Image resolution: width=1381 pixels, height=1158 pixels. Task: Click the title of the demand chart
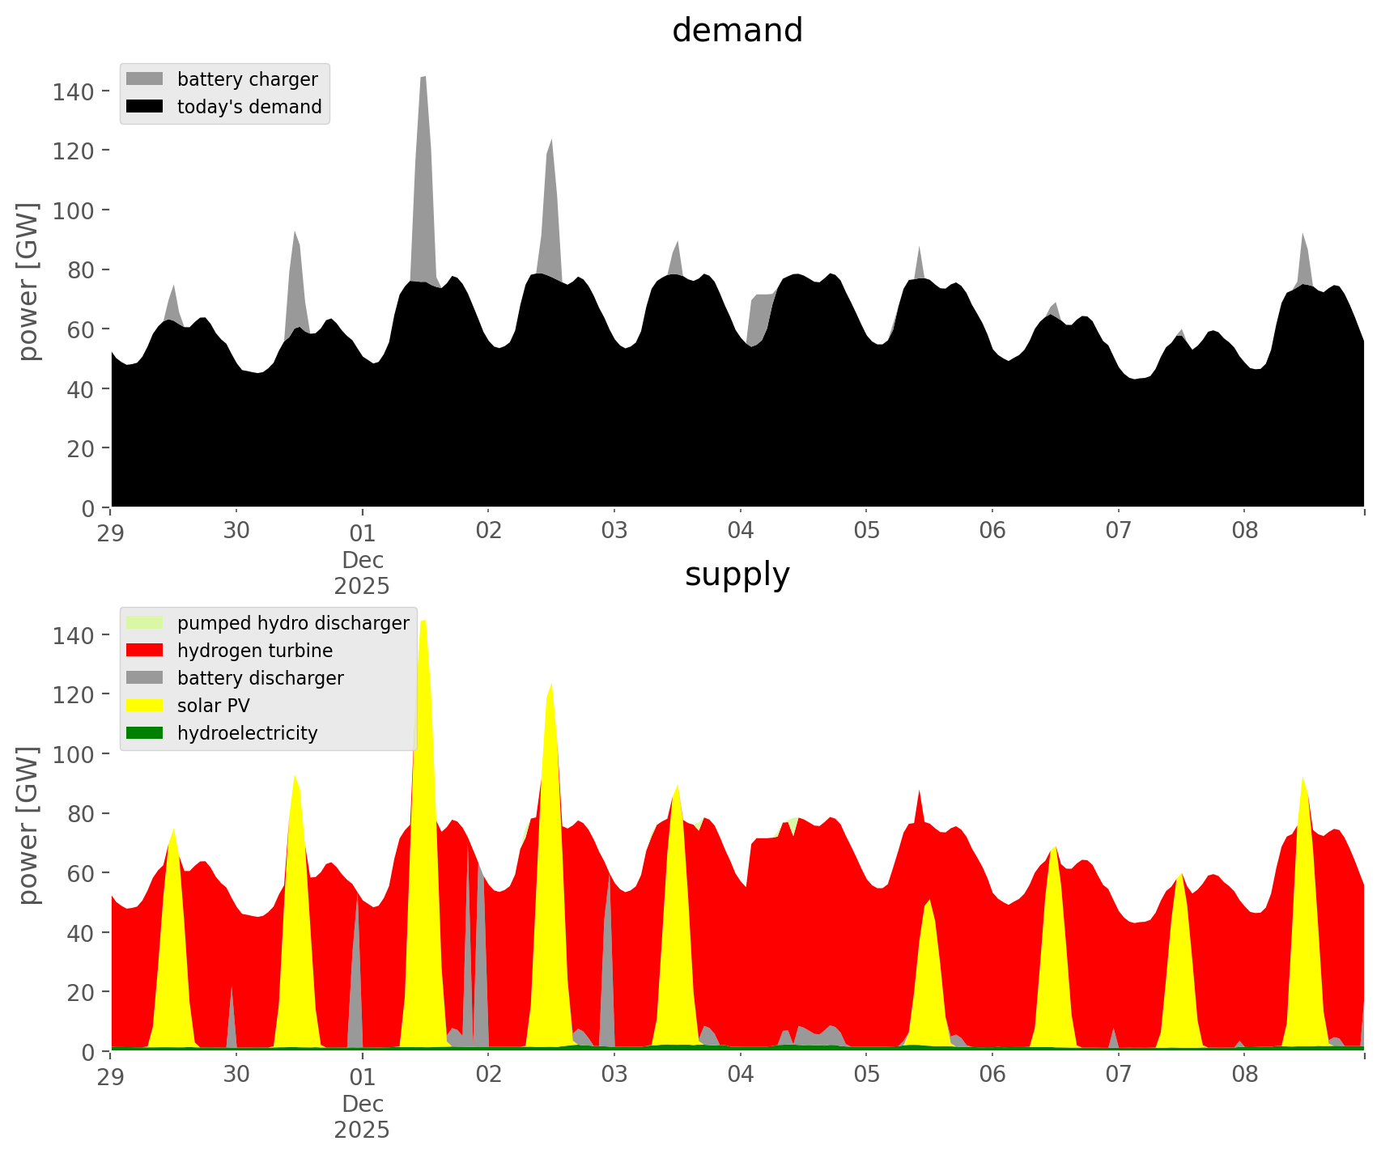tap(737, 31)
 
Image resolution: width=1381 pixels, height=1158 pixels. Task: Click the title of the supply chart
tap(737, 575)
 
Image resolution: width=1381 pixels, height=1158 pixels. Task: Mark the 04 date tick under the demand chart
tap(740, 532)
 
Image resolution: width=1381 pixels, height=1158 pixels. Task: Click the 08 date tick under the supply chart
tap(1244, 1075)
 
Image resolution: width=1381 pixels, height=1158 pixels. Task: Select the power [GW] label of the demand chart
tap(28, 282)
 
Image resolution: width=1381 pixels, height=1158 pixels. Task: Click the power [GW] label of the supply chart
tap(28, 825)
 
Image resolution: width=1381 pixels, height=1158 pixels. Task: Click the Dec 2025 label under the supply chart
tap(362, 1117)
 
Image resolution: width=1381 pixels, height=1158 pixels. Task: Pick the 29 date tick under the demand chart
tap(111, 532)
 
